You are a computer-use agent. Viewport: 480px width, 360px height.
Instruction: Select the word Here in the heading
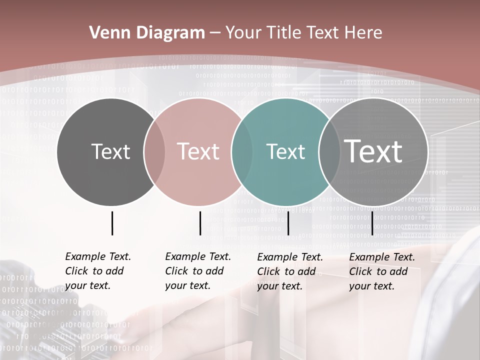pyautogui.click(x=363, y=33)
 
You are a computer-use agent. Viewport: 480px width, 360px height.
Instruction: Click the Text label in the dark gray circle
pyautogui.click(x=110, y=151)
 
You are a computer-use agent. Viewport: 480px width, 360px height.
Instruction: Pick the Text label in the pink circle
pyautogui.click(x=198, y=151)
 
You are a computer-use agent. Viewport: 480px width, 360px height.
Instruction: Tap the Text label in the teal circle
pyautogui.click(x=285, y=151)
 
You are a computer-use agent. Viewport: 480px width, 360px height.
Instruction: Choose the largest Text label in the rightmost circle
pyautogui.click(x=373, y=151)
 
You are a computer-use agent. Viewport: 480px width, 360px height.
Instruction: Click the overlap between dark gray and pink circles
pyautogui.click(x=154, y=151)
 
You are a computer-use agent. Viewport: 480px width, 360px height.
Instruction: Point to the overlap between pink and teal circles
pyautogui.click(x=242, y=151)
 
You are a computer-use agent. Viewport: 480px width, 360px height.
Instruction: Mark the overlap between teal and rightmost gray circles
pyautogui.click(x=329, y=151)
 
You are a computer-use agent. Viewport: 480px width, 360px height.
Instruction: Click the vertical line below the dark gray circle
pyautogui.click(x=112, y=223)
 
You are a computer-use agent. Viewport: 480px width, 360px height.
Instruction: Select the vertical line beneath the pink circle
pyautogui.click(x=200, y=223)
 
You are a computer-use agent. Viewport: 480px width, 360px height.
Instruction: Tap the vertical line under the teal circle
pyautogui.click(x=288, y=223)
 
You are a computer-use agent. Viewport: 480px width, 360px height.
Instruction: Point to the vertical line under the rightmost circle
pyautogui.click(x=372, y=223)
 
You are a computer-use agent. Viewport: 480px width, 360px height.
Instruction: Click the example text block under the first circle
pyautogui.click(x=98, y=271)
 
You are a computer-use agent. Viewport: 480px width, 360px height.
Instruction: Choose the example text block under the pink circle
pyautogui.click(x=198, y=271)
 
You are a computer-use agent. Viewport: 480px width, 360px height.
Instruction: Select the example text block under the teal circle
pyautogui.click(x=290, y=271)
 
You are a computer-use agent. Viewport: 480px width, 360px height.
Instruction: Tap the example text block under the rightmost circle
pyautogui.click(x=382, y=271)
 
